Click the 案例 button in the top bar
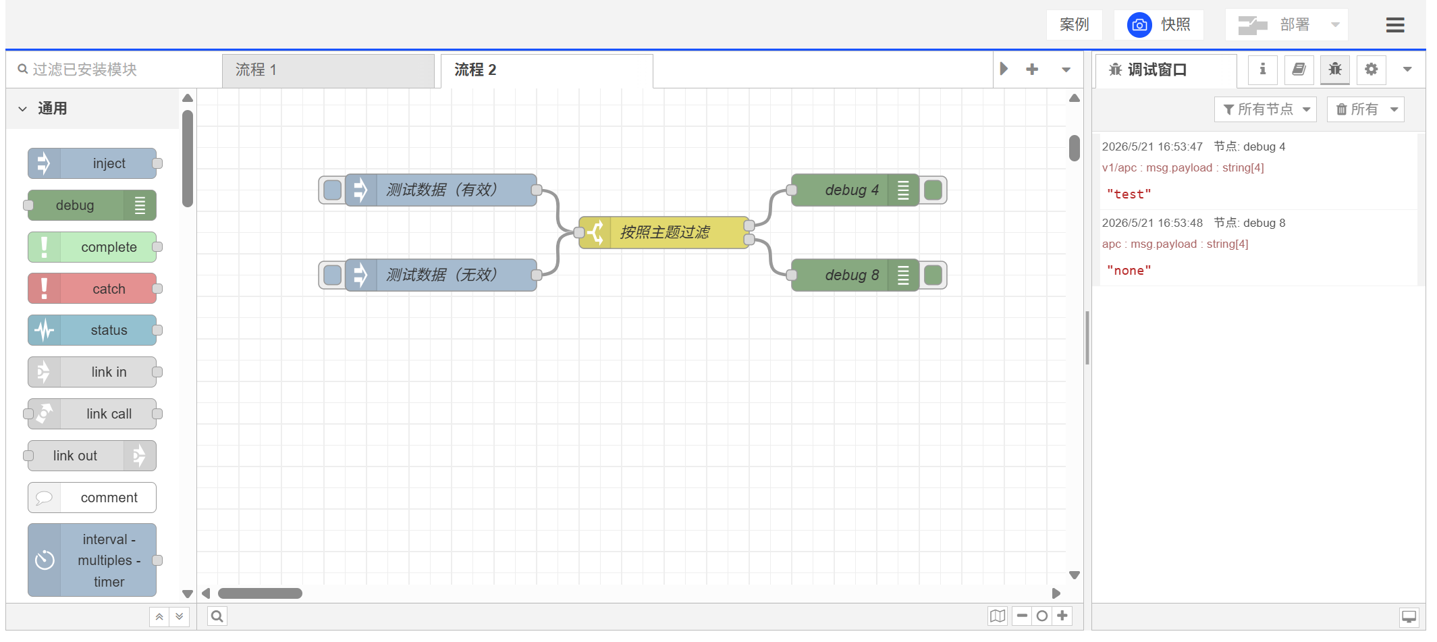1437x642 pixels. pos(1074,25)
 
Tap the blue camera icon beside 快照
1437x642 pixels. pos(1139,25)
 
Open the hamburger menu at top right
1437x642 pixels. pos(1395,25)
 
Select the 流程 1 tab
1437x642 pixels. pos(328,70)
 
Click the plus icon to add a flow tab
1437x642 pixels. pos(1032,69)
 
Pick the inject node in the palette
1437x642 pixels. pos(92,163)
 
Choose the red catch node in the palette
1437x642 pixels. pos(92,289)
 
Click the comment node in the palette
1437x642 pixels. pos(92,498)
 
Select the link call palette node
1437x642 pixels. pos(92,414)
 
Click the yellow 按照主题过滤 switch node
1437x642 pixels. pos(664,232)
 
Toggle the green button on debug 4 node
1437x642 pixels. pos(933,190)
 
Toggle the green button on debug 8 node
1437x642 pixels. pos(933,275)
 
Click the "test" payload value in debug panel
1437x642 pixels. pos(1129,194)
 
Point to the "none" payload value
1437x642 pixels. pos(1129,271)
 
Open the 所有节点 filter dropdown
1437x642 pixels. pos(1266,109)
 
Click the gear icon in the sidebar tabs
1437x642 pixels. pos(1371,69)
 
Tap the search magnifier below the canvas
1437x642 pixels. pos(217,616)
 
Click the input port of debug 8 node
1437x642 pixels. pos(792,275)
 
